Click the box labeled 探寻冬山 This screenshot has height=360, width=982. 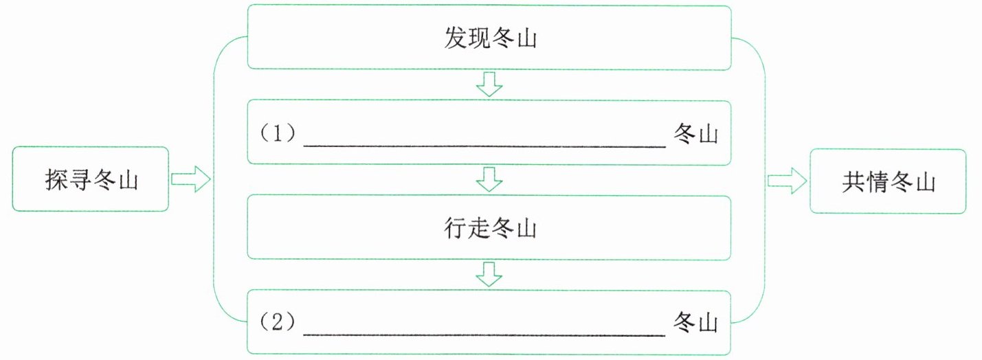pyautogui.click(x=90, y=179)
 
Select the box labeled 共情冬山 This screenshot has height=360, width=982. pyautogui.click(x=888, y=181)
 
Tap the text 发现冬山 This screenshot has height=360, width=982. pyautogui.click(x=490, y=38)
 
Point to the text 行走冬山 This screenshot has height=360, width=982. pyautogui.click(x=490, y=228)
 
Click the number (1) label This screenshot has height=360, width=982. pyautogui.click(x=278, y=133)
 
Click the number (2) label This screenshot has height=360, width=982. pyautogui.click(x=278, y=322)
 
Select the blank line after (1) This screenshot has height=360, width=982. pyautogui.click(x=484, y=146)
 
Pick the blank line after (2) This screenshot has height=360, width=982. pyautogui.click(x=484, y=335)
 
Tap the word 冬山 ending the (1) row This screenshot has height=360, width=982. pyautogui.click(x=695, y=133)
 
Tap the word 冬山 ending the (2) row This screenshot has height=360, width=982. pyautogui.click(x=695, y=323)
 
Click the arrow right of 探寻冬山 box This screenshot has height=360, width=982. pyautogui.click(x=191, y=179)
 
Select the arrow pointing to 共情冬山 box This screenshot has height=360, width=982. pyautogui.click(x=787, y=181)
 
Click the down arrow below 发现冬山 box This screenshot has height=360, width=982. pyautogui.click(x=489, y=85)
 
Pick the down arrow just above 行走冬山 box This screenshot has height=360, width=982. pyautogui.click(x=489, y=179)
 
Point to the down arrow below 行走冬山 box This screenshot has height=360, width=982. pyautogui.click(x=489, y=275)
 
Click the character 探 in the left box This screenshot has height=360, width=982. pyautogui.click(x=56, y=179)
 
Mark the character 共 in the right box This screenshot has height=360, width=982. pyautogui.click(x=853, y=181)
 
